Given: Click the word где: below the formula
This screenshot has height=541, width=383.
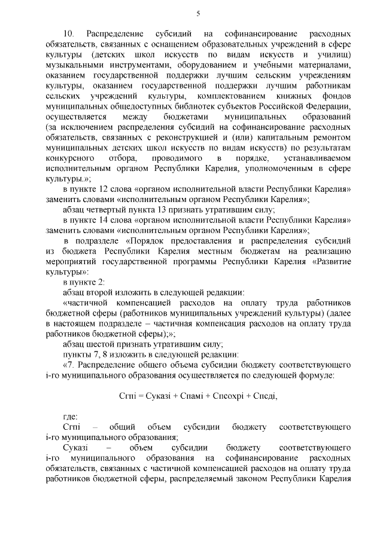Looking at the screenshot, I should click(70, 417).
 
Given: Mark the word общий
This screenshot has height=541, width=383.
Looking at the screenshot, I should click(121, 428).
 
